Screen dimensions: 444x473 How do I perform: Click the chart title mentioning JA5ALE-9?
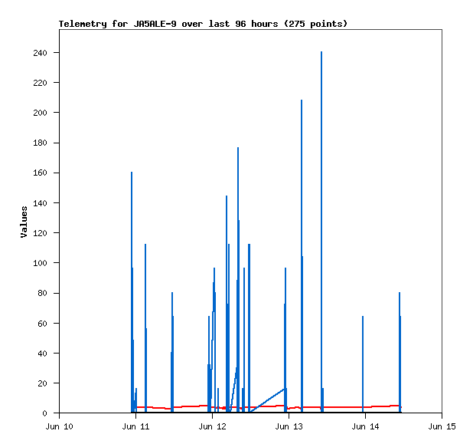203,24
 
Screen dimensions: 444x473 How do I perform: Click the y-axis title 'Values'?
24,222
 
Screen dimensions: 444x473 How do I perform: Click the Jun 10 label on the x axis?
59,426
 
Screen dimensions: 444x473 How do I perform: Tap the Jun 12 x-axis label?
212,426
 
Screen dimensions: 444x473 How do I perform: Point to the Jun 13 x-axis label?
289,426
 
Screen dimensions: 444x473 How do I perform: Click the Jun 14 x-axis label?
365,426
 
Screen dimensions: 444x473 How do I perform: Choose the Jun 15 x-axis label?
442,426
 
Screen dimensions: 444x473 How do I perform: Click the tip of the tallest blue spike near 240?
321,52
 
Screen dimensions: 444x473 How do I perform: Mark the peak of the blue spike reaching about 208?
302,100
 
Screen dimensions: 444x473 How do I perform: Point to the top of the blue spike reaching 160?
132,173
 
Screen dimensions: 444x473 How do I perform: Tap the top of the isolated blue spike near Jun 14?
363,317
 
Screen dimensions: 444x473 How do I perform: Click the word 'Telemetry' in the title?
83,24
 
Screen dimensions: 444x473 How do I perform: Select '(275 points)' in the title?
315,24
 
